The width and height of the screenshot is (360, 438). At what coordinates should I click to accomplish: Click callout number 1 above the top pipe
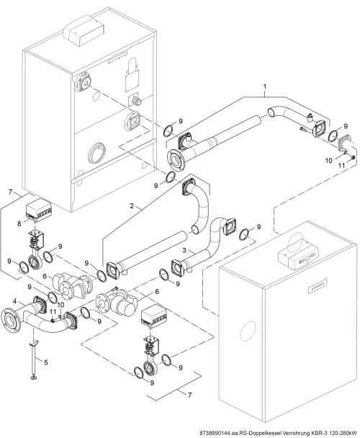click(265, 86)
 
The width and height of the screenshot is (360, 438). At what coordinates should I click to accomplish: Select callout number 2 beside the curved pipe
click(132, 206)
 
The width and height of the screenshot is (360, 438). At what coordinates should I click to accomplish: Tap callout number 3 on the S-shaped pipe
click(184, 250)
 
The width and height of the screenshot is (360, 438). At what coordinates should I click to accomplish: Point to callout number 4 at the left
click(14, 301)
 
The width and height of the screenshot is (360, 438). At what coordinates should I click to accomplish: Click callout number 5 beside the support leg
click(46, 362)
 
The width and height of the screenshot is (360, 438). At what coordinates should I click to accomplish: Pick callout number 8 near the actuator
click(19, 224)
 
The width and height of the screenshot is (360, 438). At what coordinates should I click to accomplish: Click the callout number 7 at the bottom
click(189, 395)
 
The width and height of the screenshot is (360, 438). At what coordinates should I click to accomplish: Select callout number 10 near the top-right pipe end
click(329, 161)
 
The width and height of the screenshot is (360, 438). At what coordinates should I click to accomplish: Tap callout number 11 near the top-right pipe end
click(342, 166)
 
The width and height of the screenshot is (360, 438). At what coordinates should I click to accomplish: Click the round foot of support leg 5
click(34, 378)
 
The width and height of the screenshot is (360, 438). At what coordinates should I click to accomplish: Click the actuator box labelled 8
click(39, 209)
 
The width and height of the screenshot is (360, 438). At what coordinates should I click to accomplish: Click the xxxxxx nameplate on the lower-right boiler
click(318, 285)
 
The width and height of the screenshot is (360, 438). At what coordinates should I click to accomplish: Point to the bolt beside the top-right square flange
click(305, 129)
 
